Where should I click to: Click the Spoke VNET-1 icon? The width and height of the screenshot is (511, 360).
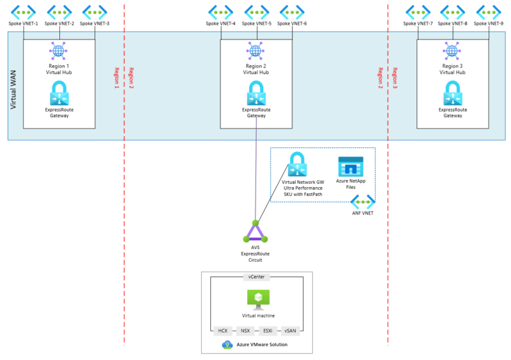pos(24,11)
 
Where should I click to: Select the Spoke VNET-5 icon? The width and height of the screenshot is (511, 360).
pos(256,11)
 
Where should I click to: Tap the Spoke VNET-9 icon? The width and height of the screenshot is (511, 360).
pos(489,11)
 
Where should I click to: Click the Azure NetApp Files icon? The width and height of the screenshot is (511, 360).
pos(350,167)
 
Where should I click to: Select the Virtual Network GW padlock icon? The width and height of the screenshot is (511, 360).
pos(297,165)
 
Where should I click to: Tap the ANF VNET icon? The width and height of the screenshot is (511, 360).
pos(362,202)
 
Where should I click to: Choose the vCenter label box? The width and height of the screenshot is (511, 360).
pos(257,277)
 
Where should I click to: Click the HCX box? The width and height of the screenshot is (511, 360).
pos(223,331)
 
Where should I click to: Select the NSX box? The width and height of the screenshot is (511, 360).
pos(245,331)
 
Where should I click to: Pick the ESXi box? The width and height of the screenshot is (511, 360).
pos(268,331)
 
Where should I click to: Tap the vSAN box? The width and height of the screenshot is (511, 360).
pos(290,331)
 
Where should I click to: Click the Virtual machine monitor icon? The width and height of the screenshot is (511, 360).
pos(258,299)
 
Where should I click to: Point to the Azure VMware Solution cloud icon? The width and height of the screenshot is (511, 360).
pos(227,345)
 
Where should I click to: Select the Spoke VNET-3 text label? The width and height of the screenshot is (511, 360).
pos(95,24)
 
